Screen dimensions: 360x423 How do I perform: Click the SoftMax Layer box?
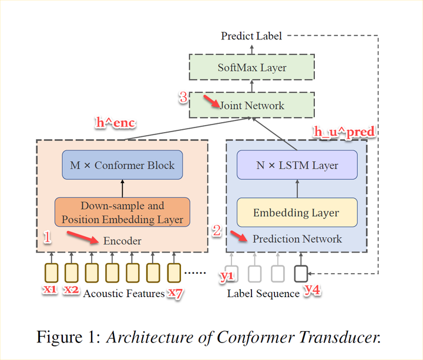pos(252,68)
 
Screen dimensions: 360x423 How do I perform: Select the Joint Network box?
pos(252,106)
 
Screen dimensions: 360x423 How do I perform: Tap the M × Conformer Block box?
pos(122,165)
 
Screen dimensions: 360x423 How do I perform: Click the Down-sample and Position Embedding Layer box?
pos(123,213)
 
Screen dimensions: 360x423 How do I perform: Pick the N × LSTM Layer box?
pos(297,165)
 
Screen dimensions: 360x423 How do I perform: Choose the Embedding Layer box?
pos(297,213)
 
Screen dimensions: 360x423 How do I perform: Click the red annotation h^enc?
pos(116,123)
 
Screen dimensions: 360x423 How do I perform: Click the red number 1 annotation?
pos(48,237)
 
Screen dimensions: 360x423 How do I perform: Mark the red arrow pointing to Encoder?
pos(82,237)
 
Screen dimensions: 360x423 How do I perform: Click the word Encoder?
pos(122,241)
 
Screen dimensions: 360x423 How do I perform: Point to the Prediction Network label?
pos(297,239)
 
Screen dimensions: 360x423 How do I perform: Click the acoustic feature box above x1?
pos(51,272)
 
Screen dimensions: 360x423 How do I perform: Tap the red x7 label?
pos(175,292)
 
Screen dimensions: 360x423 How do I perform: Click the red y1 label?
pos(227,276)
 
